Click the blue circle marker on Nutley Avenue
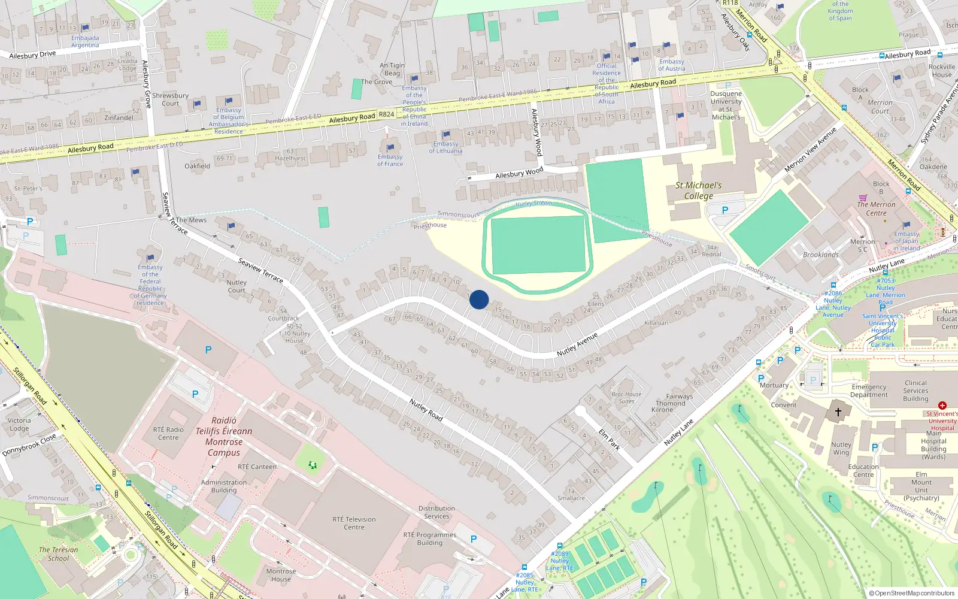[479, 299]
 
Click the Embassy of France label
[390, 160]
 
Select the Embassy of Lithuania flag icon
[445, 135]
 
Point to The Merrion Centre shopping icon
[863, 197]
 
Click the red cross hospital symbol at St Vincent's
[942, 406]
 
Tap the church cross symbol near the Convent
[838, 412]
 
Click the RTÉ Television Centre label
[354, 523]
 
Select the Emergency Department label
[869, 391]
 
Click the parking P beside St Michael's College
[725, 210]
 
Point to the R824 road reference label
[386, 114]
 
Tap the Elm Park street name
[609, 439]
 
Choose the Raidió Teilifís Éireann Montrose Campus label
[224, 437]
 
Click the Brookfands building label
[821, 255]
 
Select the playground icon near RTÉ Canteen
[312, 465]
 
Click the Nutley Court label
[236, 286]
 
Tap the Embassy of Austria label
[671, 65]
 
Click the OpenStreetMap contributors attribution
[912, 593]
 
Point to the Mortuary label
[774, 385]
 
